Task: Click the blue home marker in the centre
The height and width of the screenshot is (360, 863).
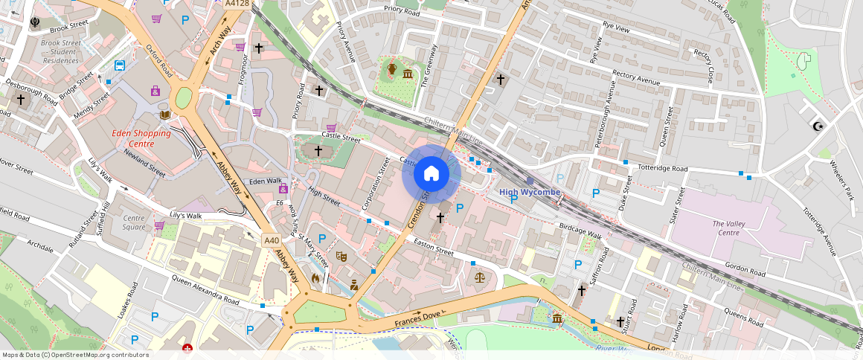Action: tap(431, 175)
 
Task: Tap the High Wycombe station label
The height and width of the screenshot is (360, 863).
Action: tap(529, 192)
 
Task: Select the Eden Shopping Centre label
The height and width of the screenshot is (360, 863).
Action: tap(141, 138)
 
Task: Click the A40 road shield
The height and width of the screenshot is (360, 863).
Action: tap(272, 240)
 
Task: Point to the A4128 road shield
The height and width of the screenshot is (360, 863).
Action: tap(237, 4)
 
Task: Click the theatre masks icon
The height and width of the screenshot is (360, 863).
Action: tap(342, 256)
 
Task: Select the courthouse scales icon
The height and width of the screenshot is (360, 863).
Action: tap(479, 277)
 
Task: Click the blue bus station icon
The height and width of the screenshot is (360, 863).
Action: tap(119, 65)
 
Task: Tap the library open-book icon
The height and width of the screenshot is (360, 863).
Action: tap(165, 115)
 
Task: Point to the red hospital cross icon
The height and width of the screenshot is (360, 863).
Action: tap(187, 348)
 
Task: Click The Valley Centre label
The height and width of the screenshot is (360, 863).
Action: tap(729, 228)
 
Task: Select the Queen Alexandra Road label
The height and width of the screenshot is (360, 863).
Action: tap(205, 290)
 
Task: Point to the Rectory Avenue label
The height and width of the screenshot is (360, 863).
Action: tap(635, 78)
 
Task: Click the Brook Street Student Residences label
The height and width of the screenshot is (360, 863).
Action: tap(60, 52)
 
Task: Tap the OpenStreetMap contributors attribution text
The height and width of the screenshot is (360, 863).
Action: tap(75, 355)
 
